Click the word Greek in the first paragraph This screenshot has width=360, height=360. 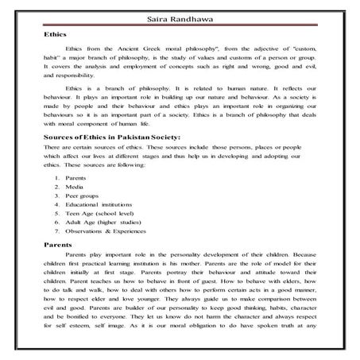point(161,50)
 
